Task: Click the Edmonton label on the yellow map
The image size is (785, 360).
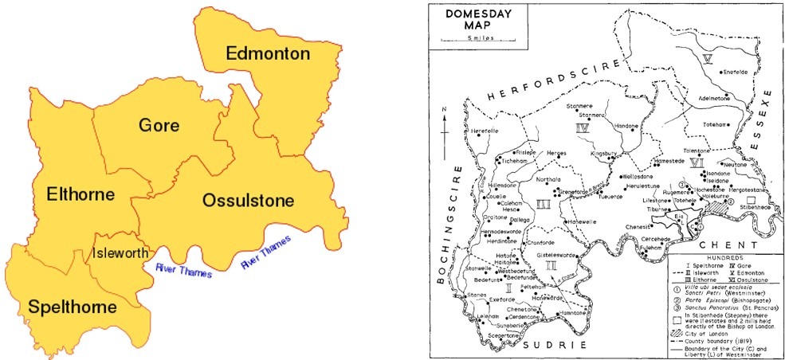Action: point(267,54)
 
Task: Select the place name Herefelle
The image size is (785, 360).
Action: point(485,131)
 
